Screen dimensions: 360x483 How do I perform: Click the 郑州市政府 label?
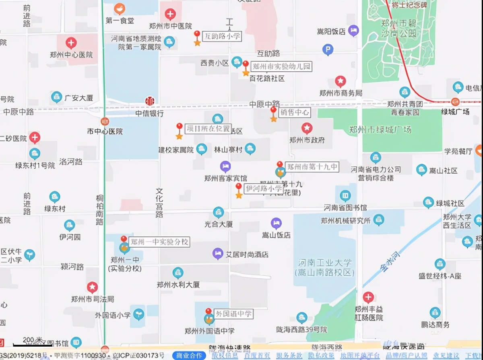coord(307,140)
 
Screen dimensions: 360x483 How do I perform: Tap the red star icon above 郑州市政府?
coord(307,128)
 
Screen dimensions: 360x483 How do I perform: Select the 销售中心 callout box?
coord(295,112)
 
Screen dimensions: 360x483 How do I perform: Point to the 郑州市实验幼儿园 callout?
coord(281,66)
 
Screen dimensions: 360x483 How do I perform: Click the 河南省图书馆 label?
coord(345,208)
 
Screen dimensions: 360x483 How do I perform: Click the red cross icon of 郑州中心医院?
coord(71,43)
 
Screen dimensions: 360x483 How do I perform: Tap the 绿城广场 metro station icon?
coord(455,102)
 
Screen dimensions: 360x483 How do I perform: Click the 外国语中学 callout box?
coord(234,314)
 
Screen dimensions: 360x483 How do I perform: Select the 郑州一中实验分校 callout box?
coord(159,242)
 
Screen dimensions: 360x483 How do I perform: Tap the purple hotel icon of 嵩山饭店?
coord(276,223)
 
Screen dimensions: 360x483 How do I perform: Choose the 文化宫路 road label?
coord(159,203)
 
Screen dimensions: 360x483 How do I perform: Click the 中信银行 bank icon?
coord(149,101)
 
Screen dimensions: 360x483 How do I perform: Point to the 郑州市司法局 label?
coord(93,299)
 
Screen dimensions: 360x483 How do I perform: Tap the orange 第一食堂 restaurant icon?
coord(120,9)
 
